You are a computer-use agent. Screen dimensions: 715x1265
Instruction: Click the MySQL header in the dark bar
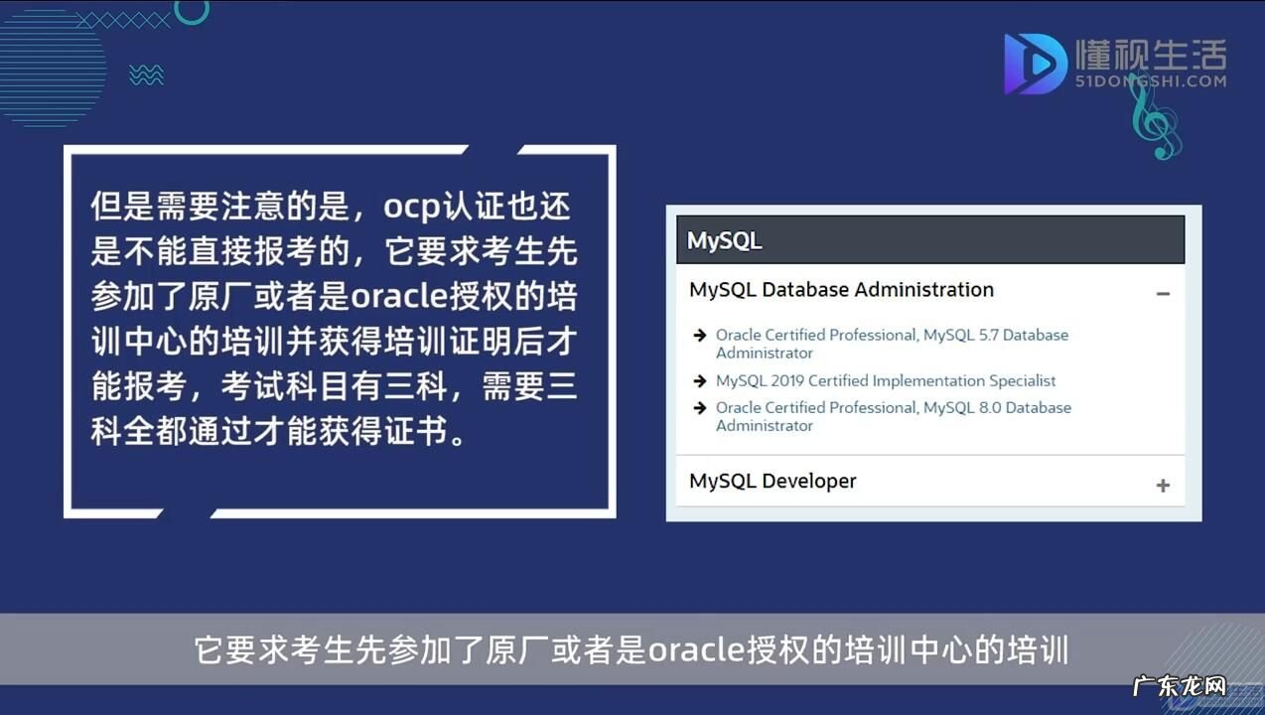click(x=725, y=241)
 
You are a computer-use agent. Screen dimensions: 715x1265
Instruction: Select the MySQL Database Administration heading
click(x=841, y=290)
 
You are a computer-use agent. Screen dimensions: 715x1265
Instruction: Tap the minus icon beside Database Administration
click(x=1163, y=294)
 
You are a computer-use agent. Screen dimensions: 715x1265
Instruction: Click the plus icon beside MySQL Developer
click(x=1163, y=486)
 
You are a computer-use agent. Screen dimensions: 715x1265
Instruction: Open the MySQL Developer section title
click(x=773, y=482)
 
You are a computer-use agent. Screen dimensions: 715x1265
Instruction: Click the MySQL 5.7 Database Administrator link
click(x=891, y=344)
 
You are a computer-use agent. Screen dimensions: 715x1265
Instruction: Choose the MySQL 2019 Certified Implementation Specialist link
click(x=886, y=381)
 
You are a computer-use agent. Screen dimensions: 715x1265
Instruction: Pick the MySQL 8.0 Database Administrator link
click(x=893, y=416)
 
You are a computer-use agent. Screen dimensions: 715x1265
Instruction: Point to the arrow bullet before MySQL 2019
click(x=700, y=381)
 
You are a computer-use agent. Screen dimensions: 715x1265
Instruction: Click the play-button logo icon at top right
click(x=1033, y=64)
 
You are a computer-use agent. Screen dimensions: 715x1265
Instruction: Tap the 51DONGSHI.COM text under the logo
click(x=1151, y=81)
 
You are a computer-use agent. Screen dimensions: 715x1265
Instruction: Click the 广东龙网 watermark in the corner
click(x=1180, y=685)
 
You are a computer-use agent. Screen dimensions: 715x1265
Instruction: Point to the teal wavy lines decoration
click(x=146, y=74)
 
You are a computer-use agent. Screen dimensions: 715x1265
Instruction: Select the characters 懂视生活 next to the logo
click(x=1151, y=54)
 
